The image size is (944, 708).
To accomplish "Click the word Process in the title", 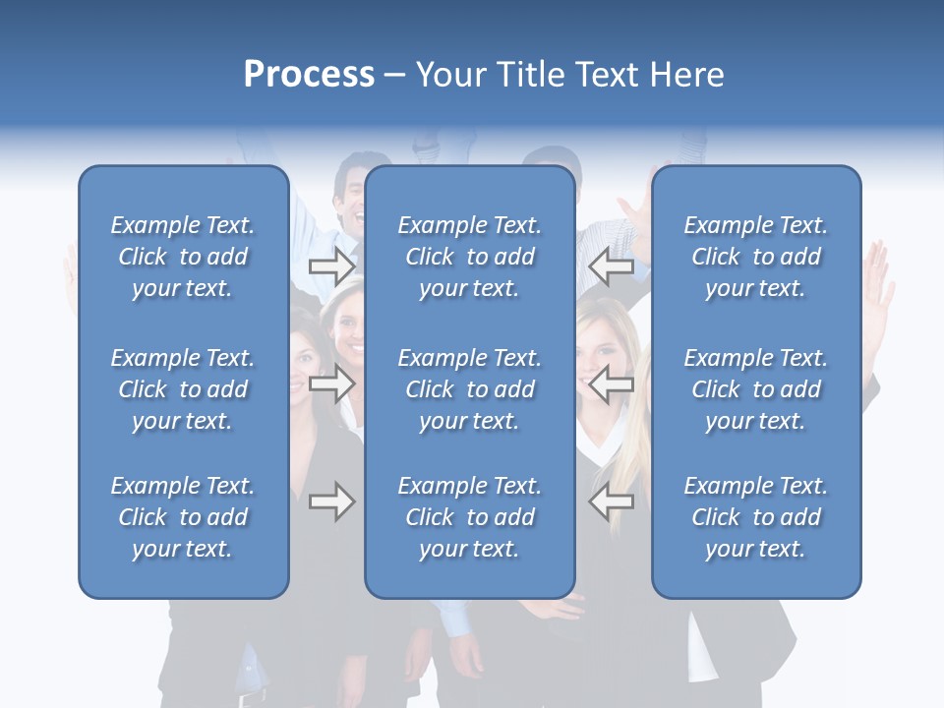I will (x=309, y=75).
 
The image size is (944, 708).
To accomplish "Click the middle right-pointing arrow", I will (x=331, y=384).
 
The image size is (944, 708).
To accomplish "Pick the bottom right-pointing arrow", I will (x=331, y=502).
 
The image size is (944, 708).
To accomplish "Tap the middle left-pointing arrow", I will (x=611, y=384).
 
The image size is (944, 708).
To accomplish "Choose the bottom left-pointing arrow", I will (x=611, y=502).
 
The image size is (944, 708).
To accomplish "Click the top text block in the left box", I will (x=183, y=257).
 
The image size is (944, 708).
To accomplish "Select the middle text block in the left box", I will (x=183, y=389).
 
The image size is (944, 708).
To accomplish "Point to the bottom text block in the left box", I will (x=183, y=517).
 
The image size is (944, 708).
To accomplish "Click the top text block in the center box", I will (x=469, y=257).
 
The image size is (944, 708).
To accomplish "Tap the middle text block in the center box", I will (x=469, y=389).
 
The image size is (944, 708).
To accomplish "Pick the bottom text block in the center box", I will (x=469, y=517).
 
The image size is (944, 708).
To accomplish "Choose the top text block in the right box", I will (x=755, y=257).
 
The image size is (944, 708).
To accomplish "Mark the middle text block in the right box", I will (x=755, y=389).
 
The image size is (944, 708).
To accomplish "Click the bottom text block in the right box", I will (x=755, y=517).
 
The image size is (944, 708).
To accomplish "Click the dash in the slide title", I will (x=394, y=76).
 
